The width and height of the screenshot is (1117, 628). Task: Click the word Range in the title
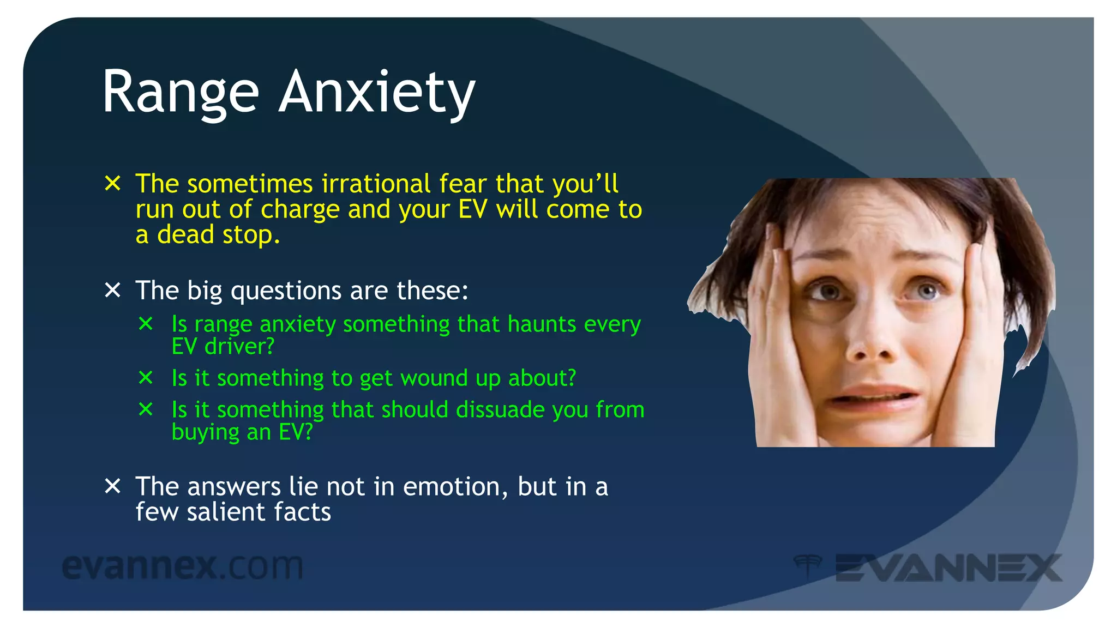tap(180, 93)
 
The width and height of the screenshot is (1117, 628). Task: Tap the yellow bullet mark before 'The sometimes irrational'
tap(112, 183)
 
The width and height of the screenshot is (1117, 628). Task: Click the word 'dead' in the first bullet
tap(185, 235)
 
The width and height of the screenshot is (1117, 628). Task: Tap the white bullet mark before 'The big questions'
tap(112, 290)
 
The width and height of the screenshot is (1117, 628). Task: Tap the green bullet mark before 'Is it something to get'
tap(146, 377)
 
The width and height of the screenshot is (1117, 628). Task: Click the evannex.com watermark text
tap(182, 567)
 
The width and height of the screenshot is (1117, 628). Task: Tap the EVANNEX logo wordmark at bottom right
tap(948, 568)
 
